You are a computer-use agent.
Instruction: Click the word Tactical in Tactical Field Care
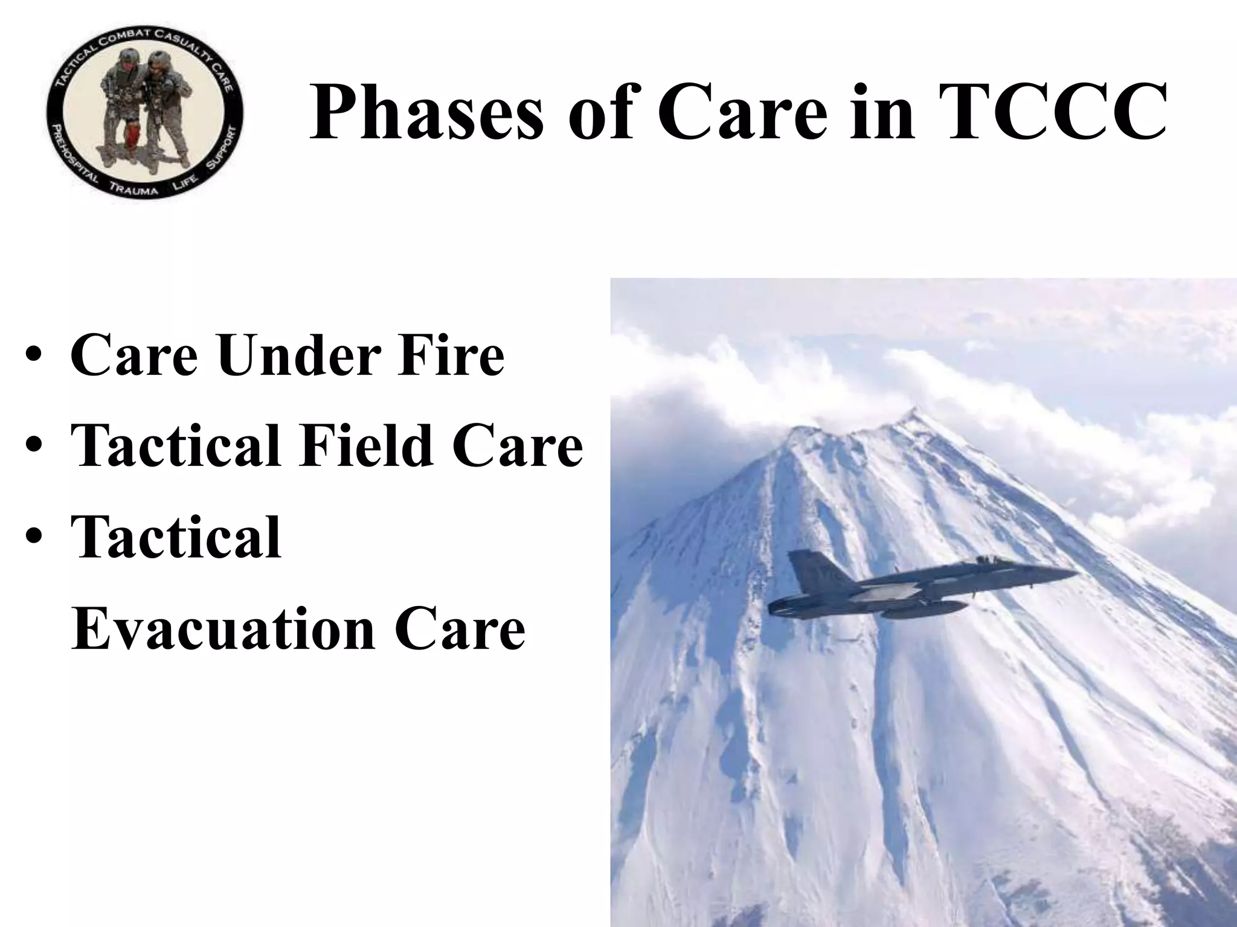pos(175,447)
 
